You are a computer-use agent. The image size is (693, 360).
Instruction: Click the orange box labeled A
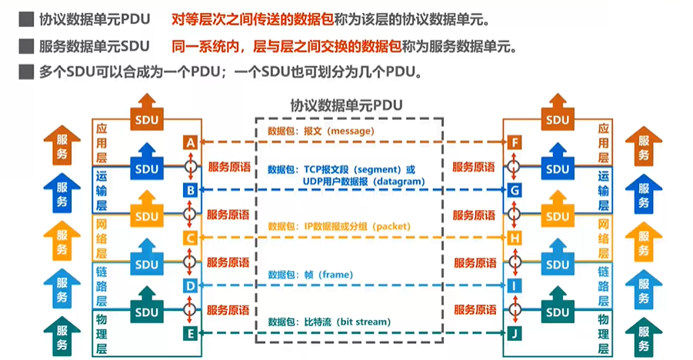point(190,142)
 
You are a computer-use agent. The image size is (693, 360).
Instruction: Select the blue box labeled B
point(190,189)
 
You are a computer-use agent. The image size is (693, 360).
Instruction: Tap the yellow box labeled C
point(190,238)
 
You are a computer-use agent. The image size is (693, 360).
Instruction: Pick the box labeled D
point(190,285)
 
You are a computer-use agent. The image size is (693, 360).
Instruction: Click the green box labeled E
point(190,333)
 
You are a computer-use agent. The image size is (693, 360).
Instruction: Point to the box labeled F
point(515,142)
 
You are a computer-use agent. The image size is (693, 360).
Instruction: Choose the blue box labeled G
point(515,189)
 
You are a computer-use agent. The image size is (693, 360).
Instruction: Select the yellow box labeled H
point(515,238)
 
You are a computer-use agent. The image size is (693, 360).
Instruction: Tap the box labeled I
point(515,285)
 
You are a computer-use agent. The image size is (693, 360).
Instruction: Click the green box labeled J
point(515,333)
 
